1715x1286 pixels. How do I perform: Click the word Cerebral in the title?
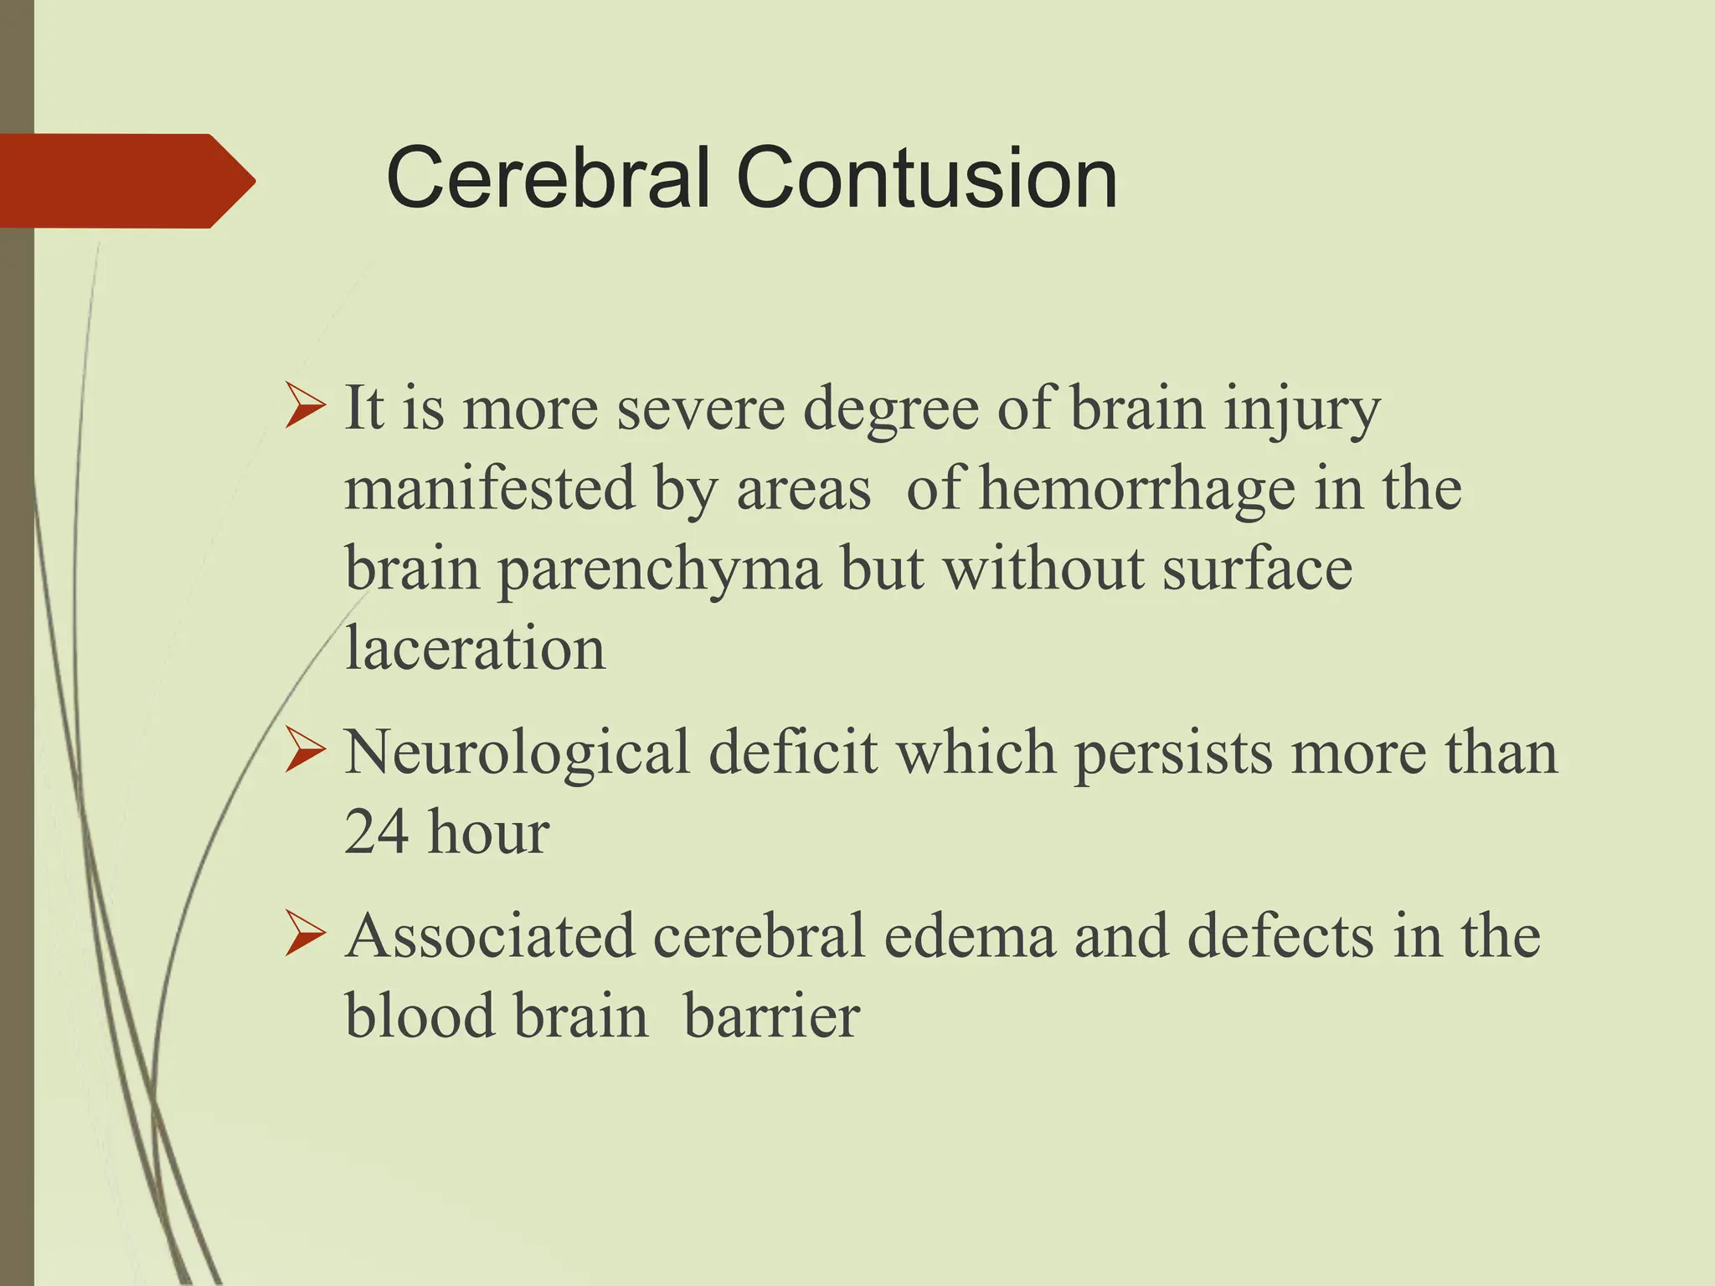[x=548, y=178]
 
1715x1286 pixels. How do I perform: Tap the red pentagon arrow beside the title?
[x=126, y=181]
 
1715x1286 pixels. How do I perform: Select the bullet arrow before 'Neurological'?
[x=304, y=749]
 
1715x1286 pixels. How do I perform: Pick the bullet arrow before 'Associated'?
[x=304, y=934]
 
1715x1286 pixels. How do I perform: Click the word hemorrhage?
[x=1136, y=489]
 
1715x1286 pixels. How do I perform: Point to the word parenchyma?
[x=659, y=569]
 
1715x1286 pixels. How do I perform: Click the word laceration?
[x=475, y=649]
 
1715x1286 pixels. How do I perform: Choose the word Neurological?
[x=517, y=753]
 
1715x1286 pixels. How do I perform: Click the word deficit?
[x=793, y=751]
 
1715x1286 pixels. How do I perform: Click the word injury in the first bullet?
[x=1301, y=410]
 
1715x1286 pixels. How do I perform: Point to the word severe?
[x=701, y=409]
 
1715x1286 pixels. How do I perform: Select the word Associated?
[x=490, y=935]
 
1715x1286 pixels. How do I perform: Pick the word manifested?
[x=490, y=489]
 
